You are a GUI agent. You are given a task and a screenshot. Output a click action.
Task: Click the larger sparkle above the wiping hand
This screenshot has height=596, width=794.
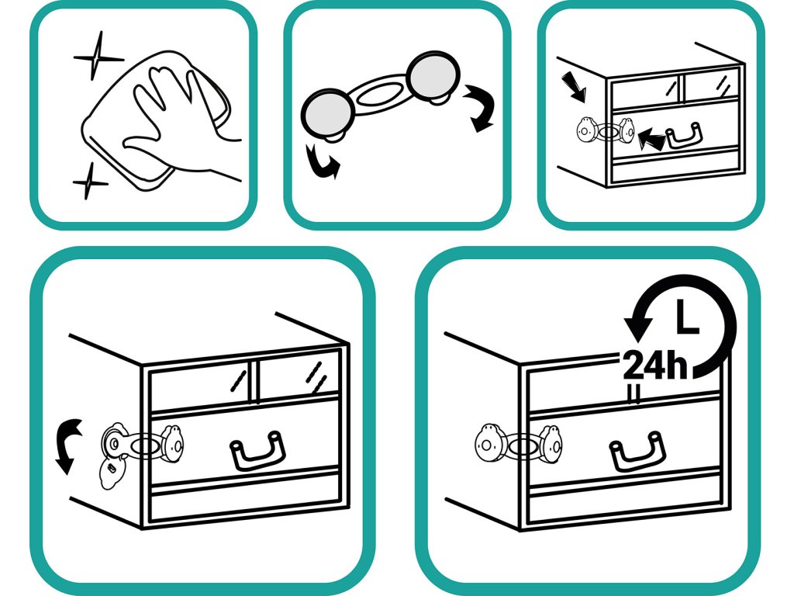click(x=97, y=57)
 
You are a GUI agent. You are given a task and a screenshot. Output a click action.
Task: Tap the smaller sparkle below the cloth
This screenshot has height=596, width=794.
click(x=90, y=182)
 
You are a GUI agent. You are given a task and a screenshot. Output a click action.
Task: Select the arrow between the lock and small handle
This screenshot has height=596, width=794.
click(x=651, y=138)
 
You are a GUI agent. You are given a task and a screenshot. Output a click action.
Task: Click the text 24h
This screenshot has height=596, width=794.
click(x=655, y=365)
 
